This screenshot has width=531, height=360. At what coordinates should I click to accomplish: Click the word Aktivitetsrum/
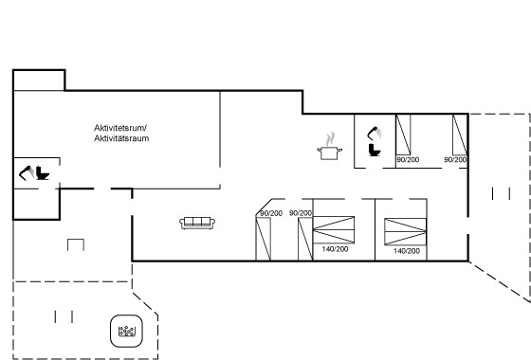click(120, 128)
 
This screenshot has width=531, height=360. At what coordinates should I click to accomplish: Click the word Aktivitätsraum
click(121, 138)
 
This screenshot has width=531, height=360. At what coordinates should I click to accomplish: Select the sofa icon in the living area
click(197, 223)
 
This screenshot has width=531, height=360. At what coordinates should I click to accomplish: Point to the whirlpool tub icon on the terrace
click(127, 332)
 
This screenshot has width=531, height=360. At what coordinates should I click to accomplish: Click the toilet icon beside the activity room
click(43, 172)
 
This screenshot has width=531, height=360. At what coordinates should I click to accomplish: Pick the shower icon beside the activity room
click(27, 172)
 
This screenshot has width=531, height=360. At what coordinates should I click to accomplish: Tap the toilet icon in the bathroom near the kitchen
click(375, 150)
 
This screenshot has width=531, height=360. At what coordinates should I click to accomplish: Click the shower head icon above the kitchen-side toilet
click(375, 133)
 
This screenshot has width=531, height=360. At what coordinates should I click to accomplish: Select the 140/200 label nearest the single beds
click(335, 249)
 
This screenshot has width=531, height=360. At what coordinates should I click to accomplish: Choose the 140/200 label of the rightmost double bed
click(407, 251)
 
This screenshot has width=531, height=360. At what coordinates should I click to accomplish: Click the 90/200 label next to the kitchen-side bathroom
click(408, 159)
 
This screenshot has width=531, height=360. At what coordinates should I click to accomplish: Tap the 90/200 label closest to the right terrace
click(455, 159)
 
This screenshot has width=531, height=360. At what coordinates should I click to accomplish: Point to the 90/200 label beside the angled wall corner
click(271, 213)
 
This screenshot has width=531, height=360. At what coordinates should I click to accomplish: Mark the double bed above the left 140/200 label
click(334, 229)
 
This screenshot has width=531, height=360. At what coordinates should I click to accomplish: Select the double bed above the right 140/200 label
click(406, 231)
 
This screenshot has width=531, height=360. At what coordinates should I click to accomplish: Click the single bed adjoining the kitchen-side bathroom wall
click(403, 135)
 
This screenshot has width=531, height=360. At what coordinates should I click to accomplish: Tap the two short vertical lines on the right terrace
click(501, 193)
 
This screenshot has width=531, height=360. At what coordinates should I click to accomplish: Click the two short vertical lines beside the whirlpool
click(64, 316)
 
